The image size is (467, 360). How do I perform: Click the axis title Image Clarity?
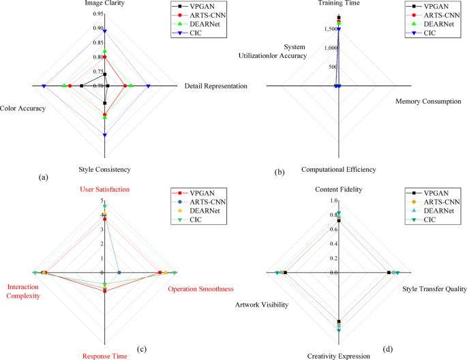[104, 3]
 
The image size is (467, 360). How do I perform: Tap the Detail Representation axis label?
[215, 86]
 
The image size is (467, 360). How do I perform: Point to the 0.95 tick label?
[97, 14]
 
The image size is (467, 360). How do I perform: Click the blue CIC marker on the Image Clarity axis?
[104, 31]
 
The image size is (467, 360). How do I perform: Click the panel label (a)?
[44, 177]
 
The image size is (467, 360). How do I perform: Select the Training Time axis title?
[339, 3]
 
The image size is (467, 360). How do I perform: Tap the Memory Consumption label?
[429, 102]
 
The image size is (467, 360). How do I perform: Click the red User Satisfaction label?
[105, 189]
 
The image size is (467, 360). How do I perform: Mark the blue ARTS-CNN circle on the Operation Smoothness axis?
[119, 273]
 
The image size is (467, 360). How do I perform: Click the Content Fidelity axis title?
[339, 189]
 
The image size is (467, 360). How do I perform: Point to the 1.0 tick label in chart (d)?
[333, 202]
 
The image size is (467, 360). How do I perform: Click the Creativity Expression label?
[338, 355]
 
